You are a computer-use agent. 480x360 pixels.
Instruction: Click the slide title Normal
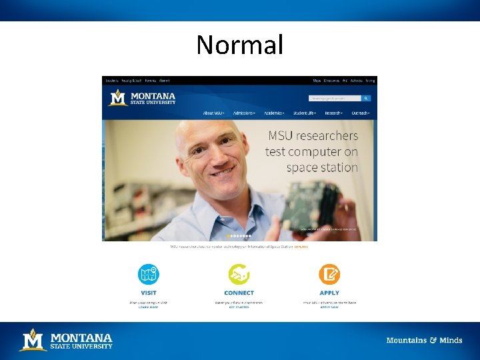click(x=239, y=45)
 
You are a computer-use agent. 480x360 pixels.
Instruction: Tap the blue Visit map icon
click(x=148, y=275)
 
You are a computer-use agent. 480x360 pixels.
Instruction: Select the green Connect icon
click(x=239, y=275)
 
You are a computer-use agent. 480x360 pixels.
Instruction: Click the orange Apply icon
click(x=329, y=275)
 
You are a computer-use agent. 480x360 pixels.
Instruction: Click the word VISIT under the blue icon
click(x=149, y=293)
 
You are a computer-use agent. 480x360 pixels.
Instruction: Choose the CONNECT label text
click(x=239, y=293)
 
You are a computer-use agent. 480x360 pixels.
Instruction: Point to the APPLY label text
click(x=329, y=293)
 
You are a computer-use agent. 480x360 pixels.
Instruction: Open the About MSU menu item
click(x=214, y=113)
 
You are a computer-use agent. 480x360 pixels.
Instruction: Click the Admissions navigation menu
click(x=243, y=113)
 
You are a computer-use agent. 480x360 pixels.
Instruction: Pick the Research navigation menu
click(x=334, y=113)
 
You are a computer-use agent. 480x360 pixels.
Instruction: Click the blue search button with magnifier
click(x=366, y=98)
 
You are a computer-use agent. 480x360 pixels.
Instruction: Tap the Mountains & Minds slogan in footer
click(x=424, y=341)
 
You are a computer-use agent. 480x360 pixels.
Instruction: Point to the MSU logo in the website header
click(x=142, y=98)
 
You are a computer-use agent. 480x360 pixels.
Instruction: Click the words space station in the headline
click(x=322, y=168)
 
